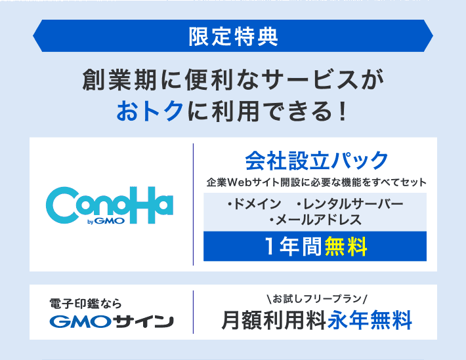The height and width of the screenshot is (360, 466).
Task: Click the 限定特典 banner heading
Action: coord(233,37)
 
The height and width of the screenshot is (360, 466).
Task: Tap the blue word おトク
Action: coord(150,111)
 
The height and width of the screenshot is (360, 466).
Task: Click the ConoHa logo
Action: coord(110,205)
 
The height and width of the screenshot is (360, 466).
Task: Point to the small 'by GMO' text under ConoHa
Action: coord(106,221)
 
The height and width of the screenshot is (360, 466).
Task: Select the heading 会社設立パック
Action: coord(317,161)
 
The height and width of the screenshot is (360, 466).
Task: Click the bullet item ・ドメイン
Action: coord(255,204)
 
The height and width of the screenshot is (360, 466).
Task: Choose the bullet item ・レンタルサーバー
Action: coord(350,204)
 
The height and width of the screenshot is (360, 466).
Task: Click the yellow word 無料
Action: coord(347,247)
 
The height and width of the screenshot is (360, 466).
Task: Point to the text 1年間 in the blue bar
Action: coord(293,247)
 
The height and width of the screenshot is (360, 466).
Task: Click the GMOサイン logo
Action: coord(112,321)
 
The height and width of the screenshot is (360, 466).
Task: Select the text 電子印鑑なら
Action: coord(85,304)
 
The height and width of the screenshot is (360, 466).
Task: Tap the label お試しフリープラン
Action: coord(317,299)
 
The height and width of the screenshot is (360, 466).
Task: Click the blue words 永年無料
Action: coord(370,320)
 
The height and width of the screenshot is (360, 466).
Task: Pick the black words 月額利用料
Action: coord(274,320)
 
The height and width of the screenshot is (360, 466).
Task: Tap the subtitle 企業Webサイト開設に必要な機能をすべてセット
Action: coord(316,182)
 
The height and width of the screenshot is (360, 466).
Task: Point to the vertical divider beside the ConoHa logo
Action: coord(193,205)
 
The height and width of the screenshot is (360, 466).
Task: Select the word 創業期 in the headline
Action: coord(119,79)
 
